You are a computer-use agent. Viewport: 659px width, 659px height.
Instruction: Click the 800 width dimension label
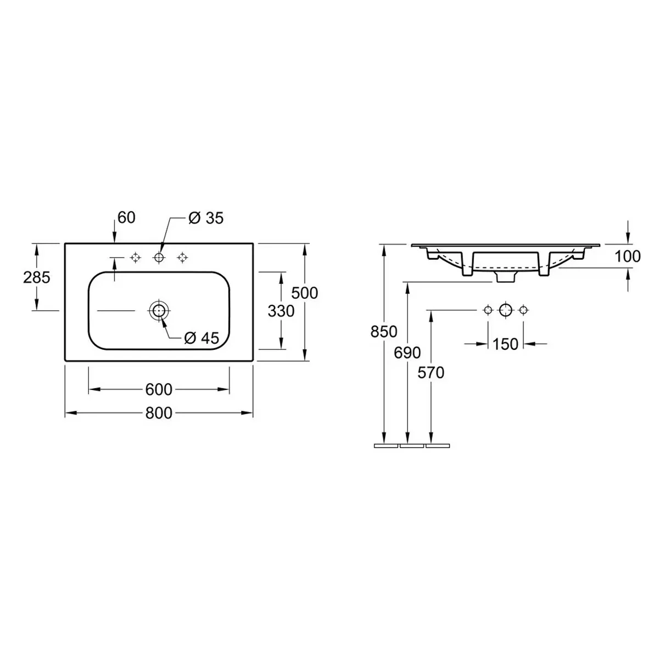coord(159,413)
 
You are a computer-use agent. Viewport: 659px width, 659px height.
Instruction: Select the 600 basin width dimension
coord(159,389)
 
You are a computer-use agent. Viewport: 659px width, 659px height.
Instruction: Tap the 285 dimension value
coord(37,277)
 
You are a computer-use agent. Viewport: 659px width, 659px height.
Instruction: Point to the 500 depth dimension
coord(304,293)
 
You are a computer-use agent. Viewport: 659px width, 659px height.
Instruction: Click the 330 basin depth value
coord(281,311)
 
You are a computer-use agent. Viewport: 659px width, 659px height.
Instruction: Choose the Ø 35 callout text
coord(206,218)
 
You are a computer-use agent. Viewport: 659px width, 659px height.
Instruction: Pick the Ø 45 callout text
coord(202,338)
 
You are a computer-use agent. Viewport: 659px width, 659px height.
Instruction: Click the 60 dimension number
coord(126,217)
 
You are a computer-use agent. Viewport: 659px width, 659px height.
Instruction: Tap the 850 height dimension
coord(384,331)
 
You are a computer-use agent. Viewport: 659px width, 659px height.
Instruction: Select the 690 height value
coord(407,353)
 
